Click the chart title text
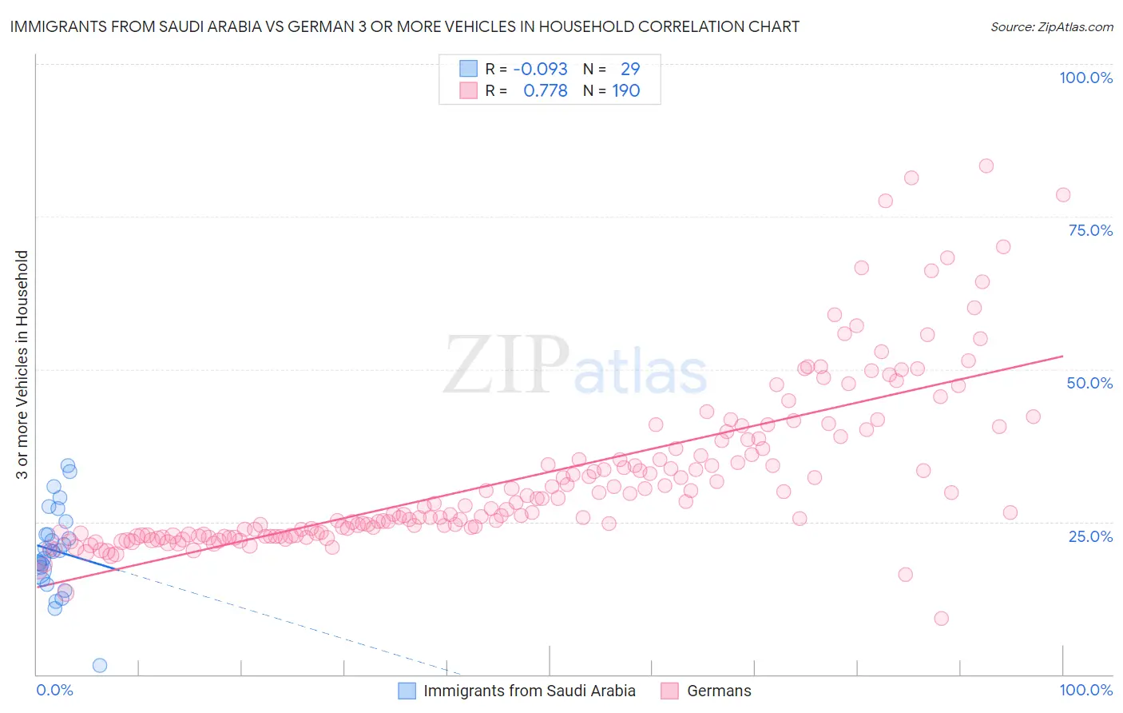click(x=404, y=26)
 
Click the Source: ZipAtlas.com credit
click(x=1051, y=26)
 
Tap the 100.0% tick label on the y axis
click(x=1085, y=78)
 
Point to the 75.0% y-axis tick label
click(x=1090, y=230)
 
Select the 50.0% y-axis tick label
click(x=1089, y=383)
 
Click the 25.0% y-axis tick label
click(x=1090, y=536)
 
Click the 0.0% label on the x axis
click(x=54, y=690)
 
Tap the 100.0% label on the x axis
click(x=1085, y=690)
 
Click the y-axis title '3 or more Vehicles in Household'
click(x=22, y=364)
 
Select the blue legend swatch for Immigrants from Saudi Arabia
click(x=407, y=691)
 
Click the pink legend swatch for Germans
click(x=669, y=691)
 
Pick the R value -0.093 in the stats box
click(x=540, y=69)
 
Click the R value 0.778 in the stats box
click(x=545, y=90)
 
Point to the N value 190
click(x=626, y=90)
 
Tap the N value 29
click(x=630, y=69)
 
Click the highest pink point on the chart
click(x=986, y=166)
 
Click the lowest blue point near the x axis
click(x=100, y=665)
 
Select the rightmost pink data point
click(x=1062, y=195)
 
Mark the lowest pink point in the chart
click(x=941, y=618)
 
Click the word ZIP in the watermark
click(x=506, y=365)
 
